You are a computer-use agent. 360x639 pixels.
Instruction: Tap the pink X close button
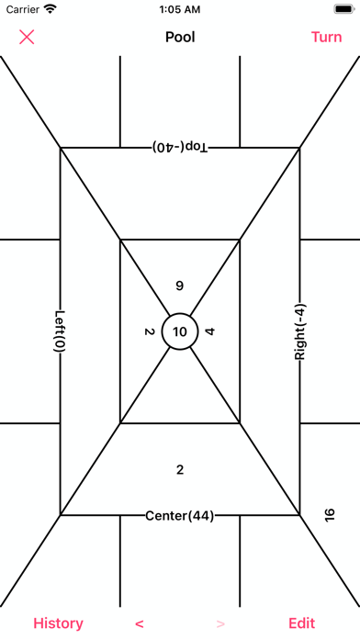click(x=27, y=37)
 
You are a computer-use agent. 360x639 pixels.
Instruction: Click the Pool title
click(x=180, y=37)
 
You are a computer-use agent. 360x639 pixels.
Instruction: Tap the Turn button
click(x=327, y=37)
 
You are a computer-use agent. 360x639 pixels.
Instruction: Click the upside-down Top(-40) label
click(x=180, y=147)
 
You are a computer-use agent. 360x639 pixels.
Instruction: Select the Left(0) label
click(x=61, y=331)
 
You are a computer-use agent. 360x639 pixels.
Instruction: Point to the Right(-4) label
click(x=299, y=331)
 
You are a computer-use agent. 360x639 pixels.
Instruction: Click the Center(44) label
click(x=180, y=516)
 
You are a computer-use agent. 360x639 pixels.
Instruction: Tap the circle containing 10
click(x=180, y=331)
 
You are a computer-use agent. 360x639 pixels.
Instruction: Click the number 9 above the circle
click(x=180, y=286)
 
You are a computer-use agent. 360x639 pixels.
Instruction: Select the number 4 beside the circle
click(x=209, y=331)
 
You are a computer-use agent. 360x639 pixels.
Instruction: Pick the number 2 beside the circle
click(x=149, y=331)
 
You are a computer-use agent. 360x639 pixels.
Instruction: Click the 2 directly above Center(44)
click(x=180, y=470)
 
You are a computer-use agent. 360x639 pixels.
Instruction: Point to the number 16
click(x=330, y=514)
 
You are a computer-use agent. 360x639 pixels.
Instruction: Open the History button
click(x=58, y=623)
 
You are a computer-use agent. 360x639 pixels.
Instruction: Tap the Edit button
click(x=302, y=623)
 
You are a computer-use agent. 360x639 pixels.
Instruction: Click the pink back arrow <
click(x=139, y=623)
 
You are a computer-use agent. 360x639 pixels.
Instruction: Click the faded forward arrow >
click(x=220, y=623)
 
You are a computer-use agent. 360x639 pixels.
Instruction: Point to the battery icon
click(x=343, y=9)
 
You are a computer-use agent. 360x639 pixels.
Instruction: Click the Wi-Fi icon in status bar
click(x=51, y=9)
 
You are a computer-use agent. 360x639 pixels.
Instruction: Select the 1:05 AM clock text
click(x=180, y=9)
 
